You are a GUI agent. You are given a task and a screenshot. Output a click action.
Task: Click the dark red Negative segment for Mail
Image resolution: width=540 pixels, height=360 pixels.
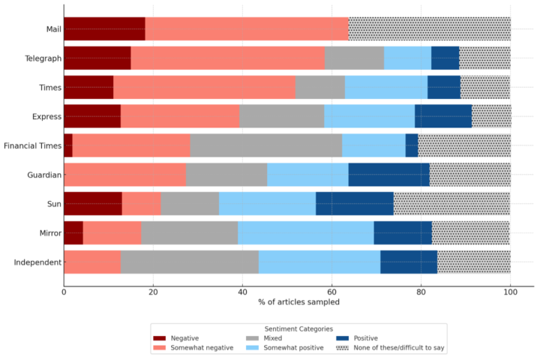coord(104,29)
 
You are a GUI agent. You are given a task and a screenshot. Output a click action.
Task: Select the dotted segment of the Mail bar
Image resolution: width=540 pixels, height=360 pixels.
coord(429,29)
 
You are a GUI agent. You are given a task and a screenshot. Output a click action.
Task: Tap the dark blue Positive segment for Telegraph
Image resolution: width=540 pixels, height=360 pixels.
coord(445,58)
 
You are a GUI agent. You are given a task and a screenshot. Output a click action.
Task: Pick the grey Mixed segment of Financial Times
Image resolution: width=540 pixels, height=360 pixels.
coord(265,145)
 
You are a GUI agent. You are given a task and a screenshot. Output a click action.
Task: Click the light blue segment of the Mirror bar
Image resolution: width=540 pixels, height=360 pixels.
coord(305,233)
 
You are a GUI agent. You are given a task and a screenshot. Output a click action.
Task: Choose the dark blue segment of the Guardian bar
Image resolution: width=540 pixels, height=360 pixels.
coord(388,175)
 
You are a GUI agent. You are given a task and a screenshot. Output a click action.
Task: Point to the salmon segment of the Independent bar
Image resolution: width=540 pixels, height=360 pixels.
coord(92,262)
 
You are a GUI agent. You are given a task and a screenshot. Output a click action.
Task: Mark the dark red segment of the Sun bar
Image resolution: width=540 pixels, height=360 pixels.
coord(93,204)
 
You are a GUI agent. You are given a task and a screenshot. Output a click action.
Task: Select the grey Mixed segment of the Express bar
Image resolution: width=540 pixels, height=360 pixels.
coord(281,116)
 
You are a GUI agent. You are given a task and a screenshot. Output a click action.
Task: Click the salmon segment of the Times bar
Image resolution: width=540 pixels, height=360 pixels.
coord(204,87)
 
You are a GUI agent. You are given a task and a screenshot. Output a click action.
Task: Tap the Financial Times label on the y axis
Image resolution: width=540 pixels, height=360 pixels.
coord(31,145)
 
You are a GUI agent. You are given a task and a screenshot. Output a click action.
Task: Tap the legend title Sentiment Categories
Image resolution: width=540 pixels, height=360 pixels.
coord(298,328)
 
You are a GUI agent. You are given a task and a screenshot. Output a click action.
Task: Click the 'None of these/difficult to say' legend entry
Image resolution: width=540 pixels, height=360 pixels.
coord(399,348)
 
